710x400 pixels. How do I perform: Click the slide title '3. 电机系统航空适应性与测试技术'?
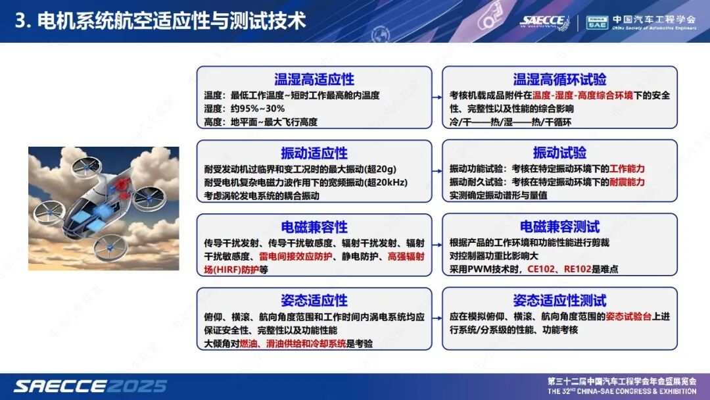pos(161,21)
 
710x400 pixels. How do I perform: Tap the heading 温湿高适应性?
pos(314,80)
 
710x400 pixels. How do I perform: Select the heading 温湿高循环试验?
pos(559,80)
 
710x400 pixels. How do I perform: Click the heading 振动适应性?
pos(314,153)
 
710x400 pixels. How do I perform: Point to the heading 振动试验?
pos(559,153)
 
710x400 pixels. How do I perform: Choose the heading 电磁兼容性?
pos(314,227)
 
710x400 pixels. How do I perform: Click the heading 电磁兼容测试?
pos(559,227)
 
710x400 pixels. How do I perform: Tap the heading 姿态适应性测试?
pos(559,301)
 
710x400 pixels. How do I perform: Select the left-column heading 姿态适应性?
pos(314,301)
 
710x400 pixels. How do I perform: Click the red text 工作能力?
pos(627,168)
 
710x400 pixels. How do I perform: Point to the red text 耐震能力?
pos(627,182)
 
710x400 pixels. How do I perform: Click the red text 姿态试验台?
pos(628,316)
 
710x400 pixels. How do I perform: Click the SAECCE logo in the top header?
pos(543,21)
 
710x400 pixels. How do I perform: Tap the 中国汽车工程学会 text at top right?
pos(653,19)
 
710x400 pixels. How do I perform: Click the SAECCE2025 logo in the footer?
pos(90,386)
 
